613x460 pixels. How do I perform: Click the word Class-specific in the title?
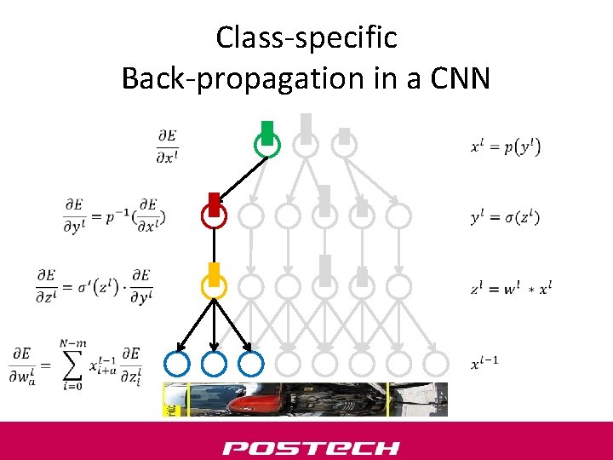pos(306,37)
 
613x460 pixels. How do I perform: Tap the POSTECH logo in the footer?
pos(311,447)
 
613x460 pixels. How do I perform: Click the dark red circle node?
pos(214,216)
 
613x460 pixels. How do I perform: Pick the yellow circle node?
pos(214,287)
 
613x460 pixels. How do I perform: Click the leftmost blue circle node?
pos(177,365)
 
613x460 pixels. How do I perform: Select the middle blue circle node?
pos(214,365)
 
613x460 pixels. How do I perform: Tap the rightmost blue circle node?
pos(250,365)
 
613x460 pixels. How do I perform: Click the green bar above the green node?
pos(267,131)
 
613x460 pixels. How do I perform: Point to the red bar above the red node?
pos(214,202)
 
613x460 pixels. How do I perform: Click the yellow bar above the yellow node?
pos(215,273)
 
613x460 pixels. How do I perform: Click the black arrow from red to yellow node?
pos(214,251)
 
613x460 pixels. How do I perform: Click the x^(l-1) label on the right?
pos(484,364)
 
